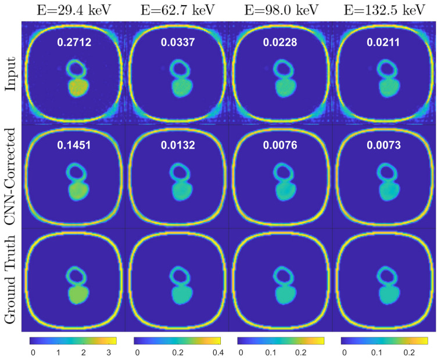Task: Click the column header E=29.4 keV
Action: [73, 10]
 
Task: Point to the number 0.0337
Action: [177, 42]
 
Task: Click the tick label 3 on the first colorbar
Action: [108, 352]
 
